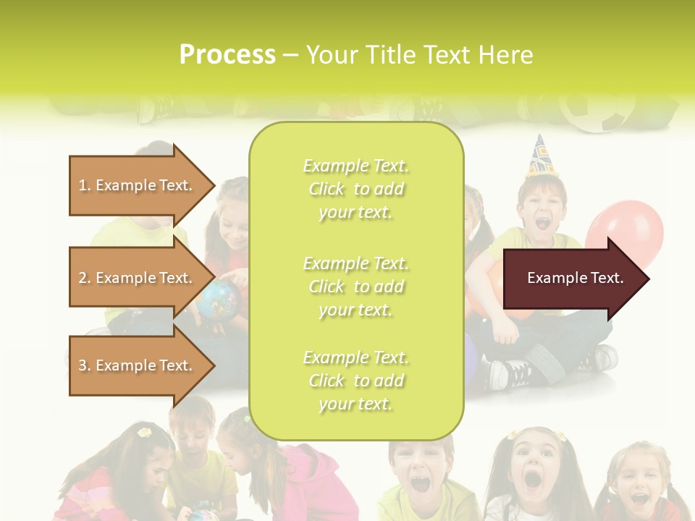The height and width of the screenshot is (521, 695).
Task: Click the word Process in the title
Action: pyautogui.click(x=227, y=55)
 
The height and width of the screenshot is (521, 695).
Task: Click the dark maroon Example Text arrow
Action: pyautogui.click(x=575, y=278)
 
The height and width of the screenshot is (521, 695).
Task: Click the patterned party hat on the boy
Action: pyautogui.click(x=539, y=157)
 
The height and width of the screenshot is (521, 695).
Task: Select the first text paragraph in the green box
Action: pyautogui.click(x=355, y=189)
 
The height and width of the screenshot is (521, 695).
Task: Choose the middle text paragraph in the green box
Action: pyautogui.click(x=355, y=287)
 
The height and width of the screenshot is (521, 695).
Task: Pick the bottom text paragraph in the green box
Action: pyautogui.click(x=355, y=381)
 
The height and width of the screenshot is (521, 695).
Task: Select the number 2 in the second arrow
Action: pyautogui.click(x=83, y=278)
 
